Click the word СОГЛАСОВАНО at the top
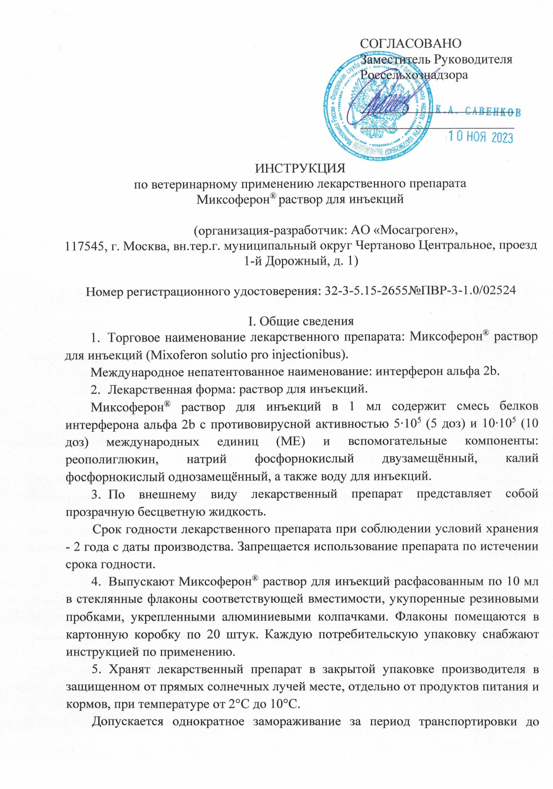point(411,43)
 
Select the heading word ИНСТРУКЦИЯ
point(300,168)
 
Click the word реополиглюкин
point(112,459)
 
